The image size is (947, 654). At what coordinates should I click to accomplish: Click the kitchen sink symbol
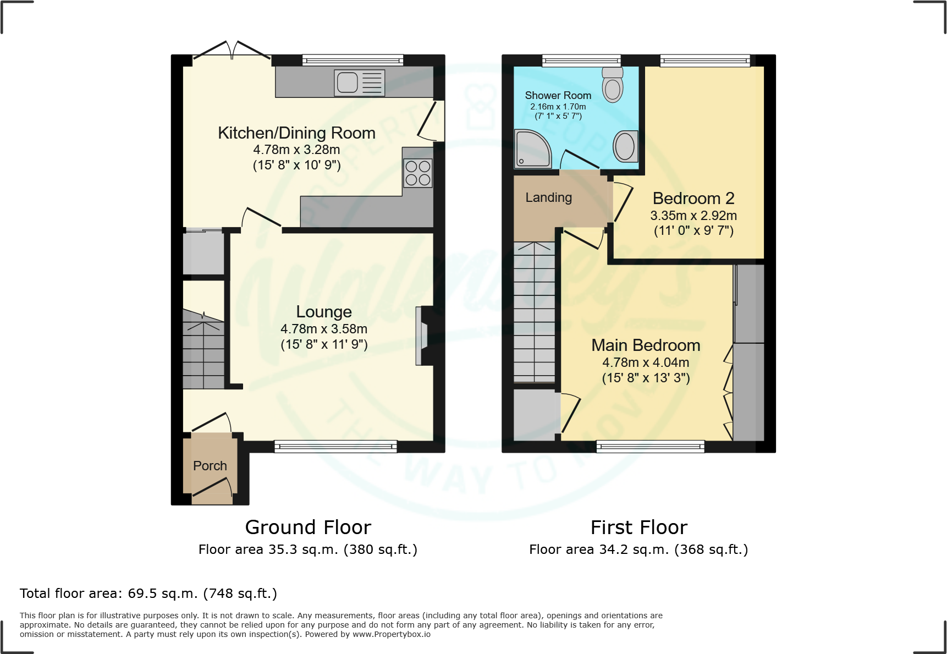tap(359, 83)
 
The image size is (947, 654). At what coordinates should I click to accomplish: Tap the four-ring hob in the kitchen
tap(417, 173)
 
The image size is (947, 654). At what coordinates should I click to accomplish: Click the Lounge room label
tap(324, 312)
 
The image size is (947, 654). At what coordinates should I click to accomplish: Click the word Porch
tap(210, 466)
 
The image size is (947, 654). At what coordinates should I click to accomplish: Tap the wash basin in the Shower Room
tap(625, 146)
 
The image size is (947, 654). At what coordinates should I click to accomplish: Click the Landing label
tap(548, 197)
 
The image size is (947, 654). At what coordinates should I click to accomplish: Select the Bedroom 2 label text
tap(693, 198)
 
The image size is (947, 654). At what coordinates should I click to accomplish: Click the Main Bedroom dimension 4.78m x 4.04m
tap(646, 362)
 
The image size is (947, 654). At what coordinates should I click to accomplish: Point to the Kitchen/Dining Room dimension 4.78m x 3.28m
tap(296, 150)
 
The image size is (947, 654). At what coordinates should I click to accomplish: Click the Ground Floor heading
tap(308, 527)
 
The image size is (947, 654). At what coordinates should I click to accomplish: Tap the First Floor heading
tap(638, 527)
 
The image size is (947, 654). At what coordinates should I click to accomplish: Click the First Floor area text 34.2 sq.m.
tap(638, 549)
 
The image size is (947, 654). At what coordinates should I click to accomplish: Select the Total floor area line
tap(148, 593)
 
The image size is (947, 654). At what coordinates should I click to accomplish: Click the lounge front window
tap(335, 446)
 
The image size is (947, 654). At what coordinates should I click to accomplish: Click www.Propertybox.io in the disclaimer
tap(391, 634)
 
